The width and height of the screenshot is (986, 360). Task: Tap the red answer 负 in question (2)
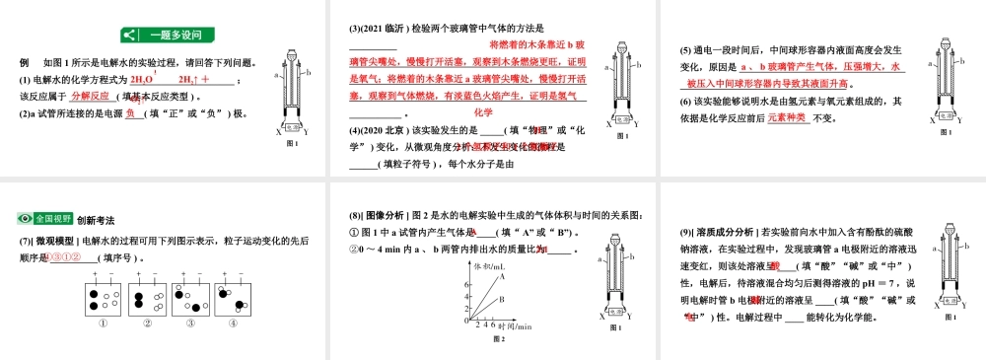(129, 112)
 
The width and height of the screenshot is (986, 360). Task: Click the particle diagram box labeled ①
(103, 300)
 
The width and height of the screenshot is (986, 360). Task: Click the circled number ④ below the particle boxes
(235, 324)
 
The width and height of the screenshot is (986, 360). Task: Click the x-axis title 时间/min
(515, 325)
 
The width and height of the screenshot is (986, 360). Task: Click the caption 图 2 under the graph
(499, 339)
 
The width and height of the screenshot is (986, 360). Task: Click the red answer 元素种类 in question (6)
(786, 116)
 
